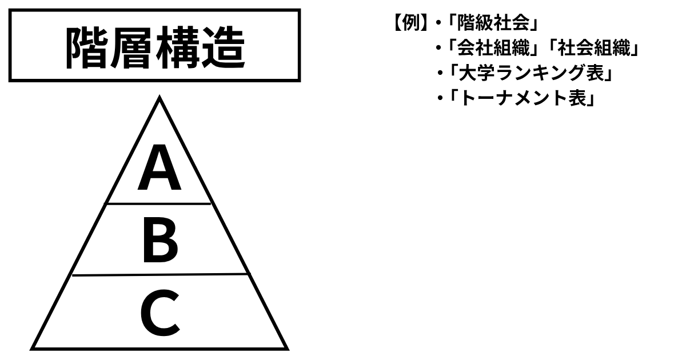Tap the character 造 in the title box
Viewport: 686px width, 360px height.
coord(222,47)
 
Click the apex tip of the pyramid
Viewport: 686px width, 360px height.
coord(159,98)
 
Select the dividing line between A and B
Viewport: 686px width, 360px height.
coord(158,203)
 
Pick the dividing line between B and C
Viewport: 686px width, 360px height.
coord(159,275)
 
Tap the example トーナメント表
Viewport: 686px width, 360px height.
coord(520,99)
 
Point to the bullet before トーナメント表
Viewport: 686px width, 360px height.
coord(440,99)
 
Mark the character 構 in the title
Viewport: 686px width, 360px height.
coord(177,47)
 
